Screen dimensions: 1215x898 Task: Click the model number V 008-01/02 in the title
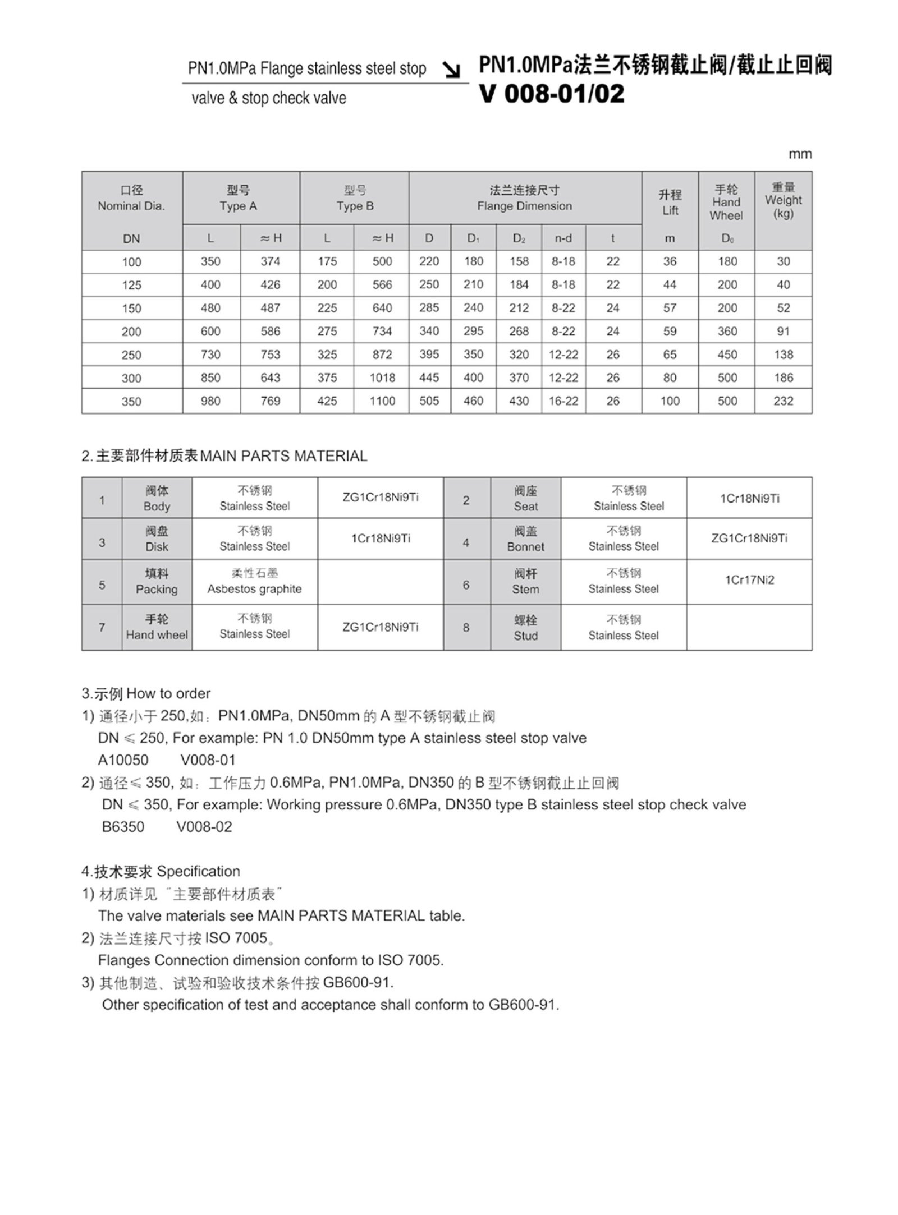(x=551, y=94)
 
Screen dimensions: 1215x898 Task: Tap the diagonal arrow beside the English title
(x=451, y=70)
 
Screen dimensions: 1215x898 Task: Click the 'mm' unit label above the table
(x=800, y=154)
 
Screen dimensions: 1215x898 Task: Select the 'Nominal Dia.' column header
(x=131, y=206)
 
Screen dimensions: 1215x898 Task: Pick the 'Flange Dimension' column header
(x=524, y=206)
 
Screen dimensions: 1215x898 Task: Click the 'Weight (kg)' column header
(x=783, y=200)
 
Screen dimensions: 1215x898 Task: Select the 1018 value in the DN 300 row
(x=382, y=378)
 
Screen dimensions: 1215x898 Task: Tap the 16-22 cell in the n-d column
(x=563, y=401)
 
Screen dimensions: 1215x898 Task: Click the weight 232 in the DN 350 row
(x=783, y=401)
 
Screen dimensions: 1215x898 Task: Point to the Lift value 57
(x=670, y=308)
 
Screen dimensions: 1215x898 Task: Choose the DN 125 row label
(x=131, y=285)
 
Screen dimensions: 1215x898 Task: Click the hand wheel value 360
(x=727, y=332)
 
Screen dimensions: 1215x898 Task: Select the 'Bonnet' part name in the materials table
(x=525, y=546)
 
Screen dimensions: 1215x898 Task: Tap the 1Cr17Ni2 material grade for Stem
(x=749, y=580)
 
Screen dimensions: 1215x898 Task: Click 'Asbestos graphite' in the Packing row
(x=254, y=589)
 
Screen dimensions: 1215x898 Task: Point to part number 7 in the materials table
(x=102, y=627)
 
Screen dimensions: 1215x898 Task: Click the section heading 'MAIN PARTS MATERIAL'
(x=283, y=456)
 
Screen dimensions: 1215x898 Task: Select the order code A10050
(x=123, y=760)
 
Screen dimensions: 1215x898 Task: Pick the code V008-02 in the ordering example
(x=204, y=827)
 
